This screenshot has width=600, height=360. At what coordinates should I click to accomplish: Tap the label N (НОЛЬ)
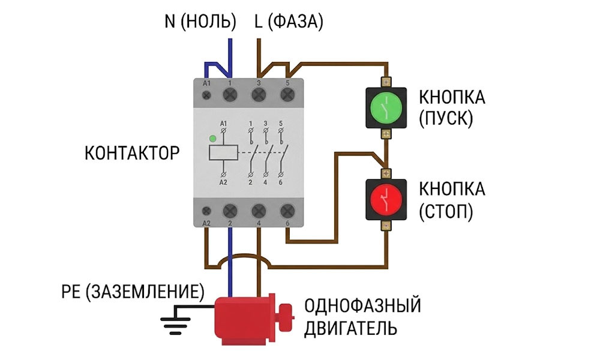click(x=200, y=22)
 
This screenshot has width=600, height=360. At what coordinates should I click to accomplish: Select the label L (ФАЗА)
click(x=289, y=22)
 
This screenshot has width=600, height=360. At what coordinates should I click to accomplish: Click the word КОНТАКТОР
click(x=131, y=152)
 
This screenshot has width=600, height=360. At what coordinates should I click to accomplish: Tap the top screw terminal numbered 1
click(x=230, y=95)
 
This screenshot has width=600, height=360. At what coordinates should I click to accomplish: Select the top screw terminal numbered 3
click(x=259, y=95)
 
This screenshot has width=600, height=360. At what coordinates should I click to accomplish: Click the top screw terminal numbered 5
click(x=287, y=95)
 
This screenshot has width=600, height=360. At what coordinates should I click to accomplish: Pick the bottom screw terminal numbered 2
click(x=230, y=211)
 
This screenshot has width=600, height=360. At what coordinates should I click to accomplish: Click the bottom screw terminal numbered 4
click(x=259, y=211)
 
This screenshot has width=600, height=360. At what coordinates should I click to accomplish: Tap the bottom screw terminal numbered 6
click(x=287, y=211)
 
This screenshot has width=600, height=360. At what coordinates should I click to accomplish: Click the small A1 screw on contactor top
click(x=207, y=95)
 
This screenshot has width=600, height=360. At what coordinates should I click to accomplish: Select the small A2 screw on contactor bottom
click(x=207, y=211)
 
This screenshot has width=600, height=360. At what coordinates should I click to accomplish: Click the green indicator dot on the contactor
click(x=212, y=139)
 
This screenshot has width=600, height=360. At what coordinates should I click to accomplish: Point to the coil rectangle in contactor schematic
click(x=223, y=152)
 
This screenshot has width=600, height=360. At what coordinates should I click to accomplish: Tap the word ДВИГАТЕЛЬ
click(x=350, y=328)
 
